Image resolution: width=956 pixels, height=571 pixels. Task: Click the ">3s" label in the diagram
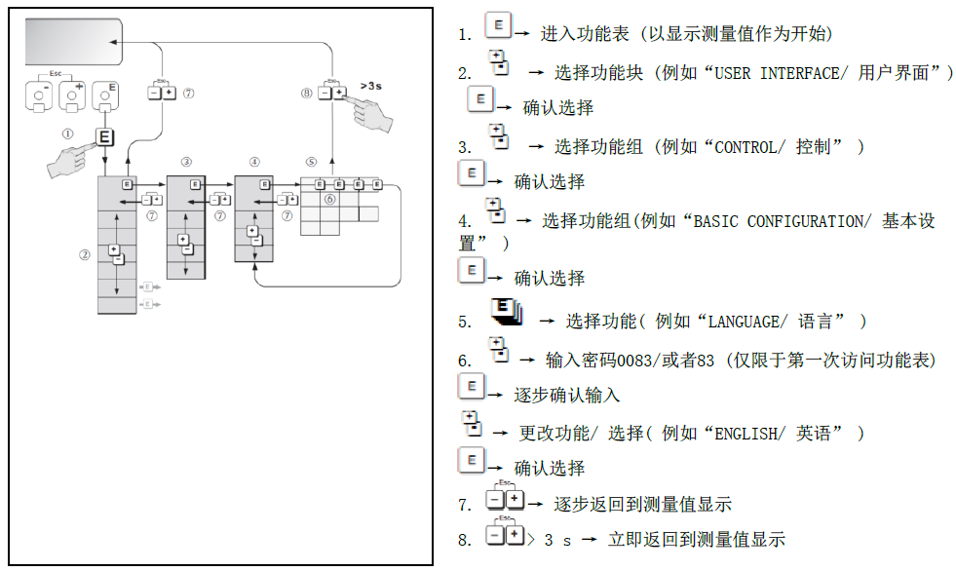(370, 86)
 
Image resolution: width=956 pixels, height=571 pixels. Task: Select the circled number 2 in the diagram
(85, 254)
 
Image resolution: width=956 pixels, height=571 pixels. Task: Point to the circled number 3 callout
(186, 161)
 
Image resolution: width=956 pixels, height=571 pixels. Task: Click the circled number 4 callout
(254, 161)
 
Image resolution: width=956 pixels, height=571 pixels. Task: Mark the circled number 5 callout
(311, 161)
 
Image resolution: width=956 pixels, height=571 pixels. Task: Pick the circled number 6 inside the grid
(329, 199)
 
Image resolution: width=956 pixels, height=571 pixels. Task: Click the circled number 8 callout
(307, 94)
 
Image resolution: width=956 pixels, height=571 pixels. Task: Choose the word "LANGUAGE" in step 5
(753, 321)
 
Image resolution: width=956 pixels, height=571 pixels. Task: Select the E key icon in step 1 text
(497, 26)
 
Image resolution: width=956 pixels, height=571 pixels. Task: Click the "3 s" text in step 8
(556, 539)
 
